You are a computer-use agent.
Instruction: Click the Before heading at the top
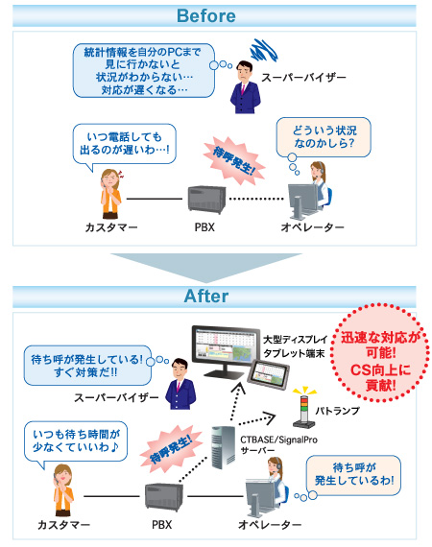pyautogui.click(x=215, y=15)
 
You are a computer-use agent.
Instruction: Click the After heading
pyautogui.click(x=215, y=297)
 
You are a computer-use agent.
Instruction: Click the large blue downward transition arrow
pyautogui.click(x=215, y=266)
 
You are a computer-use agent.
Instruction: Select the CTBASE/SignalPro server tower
pyautogui.click(x=223, y=449)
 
